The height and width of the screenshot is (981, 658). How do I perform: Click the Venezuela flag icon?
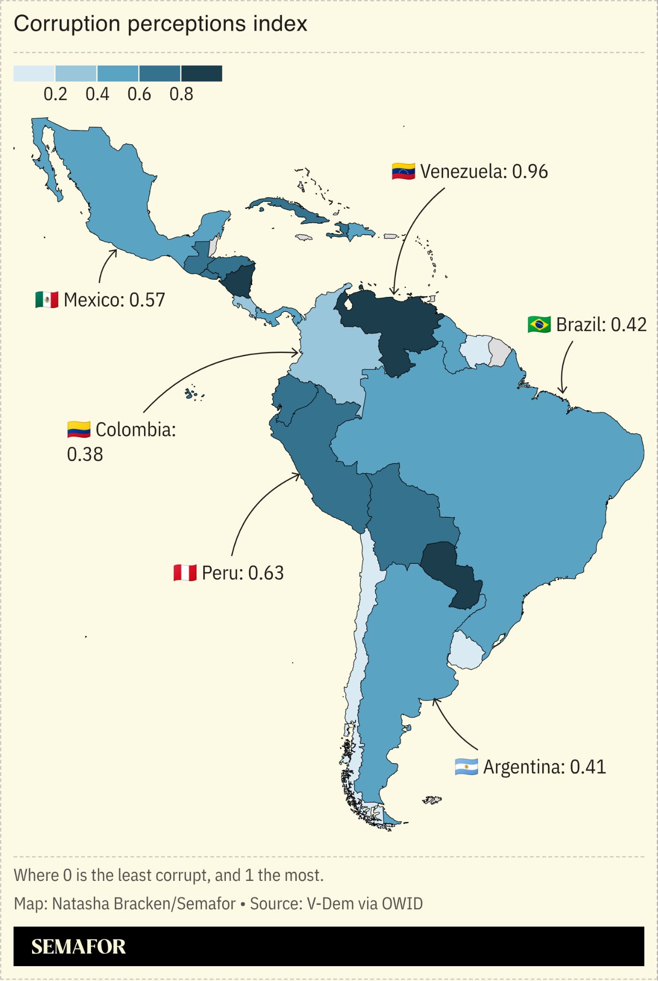point(403,171)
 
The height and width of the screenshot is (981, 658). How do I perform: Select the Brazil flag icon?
point(539,325)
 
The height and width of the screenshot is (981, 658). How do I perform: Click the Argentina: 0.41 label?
point(545,767)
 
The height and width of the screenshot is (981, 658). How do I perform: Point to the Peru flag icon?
point(185,573)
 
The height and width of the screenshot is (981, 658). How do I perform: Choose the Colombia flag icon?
point(78,430)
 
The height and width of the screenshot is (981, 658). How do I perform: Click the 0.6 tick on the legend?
point(139,94)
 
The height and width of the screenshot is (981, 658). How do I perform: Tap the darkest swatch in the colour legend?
point(201,74)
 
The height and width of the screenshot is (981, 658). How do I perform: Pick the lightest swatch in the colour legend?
point(34,74)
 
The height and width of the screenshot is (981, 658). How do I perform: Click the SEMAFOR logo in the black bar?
point(78,947)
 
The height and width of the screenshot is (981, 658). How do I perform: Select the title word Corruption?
point(67,24)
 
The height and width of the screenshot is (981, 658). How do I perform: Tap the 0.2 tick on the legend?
point(56,94)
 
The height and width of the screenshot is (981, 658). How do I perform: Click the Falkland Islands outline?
point(432,799)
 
